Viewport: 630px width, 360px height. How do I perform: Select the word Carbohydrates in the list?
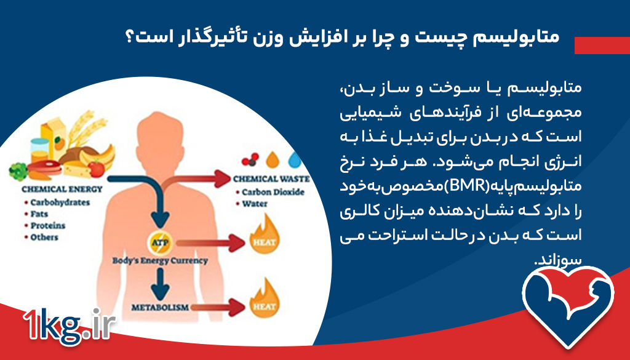pos(60,202)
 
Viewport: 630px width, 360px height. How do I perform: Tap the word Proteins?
pos(48,225)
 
